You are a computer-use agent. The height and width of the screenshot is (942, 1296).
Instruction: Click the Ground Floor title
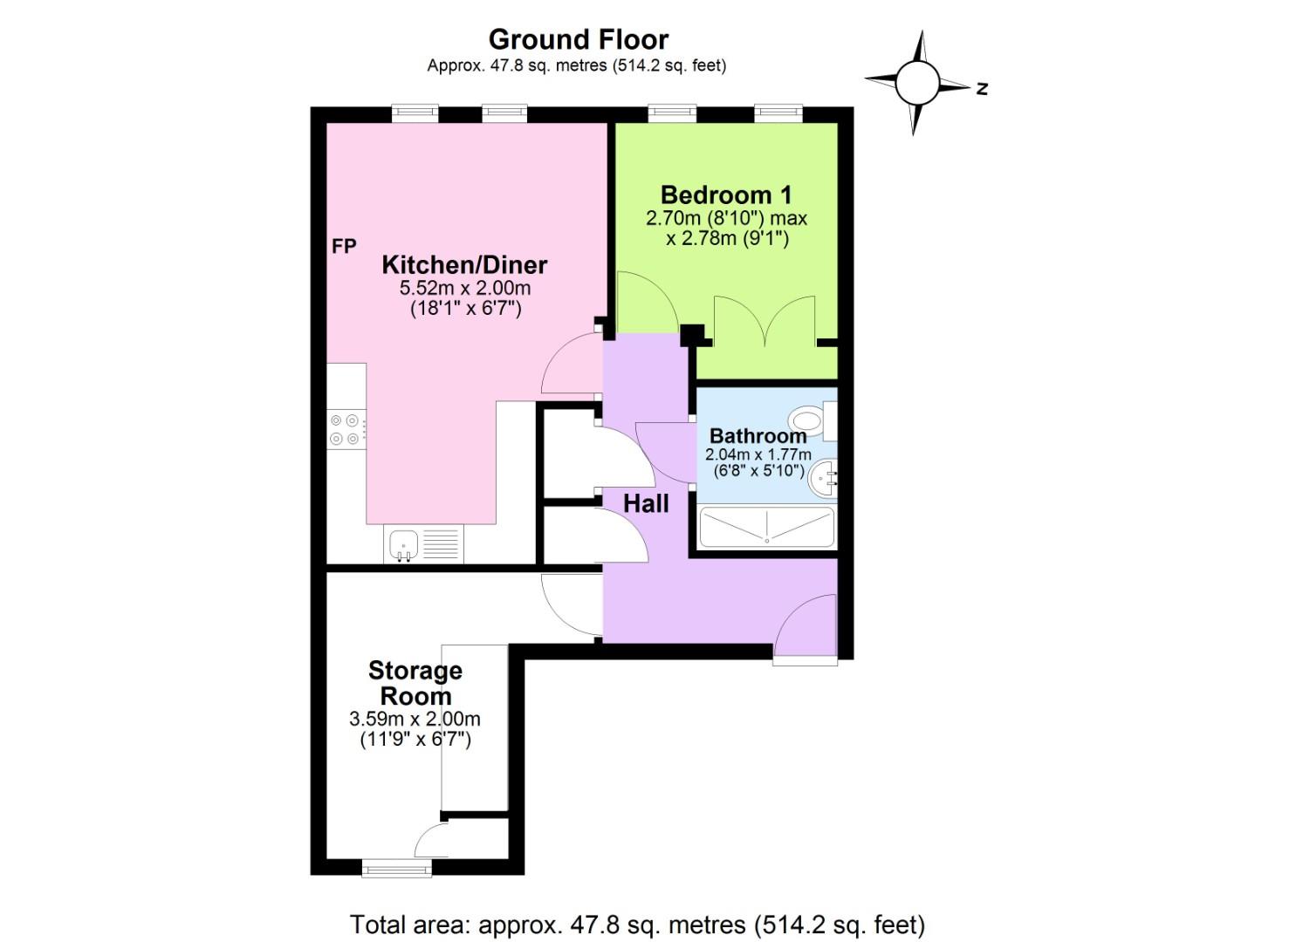578,39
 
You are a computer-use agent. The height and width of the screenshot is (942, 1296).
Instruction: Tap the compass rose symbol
916,84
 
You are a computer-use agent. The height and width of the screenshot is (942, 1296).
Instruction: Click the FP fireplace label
344,247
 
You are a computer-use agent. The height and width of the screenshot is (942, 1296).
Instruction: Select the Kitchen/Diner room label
464,265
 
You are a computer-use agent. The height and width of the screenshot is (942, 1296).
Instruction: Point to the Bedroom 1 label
726,195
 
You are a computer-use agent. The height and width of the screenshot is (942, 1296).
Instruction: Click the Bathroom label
758,435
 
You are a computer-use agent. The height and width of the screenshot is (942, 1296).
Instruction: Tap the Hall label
646,503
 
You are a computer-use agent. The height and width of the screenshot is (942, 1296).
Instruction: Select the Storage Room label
415,683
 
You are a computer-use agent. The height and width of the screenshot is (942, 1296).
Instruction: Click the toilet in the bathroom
812,421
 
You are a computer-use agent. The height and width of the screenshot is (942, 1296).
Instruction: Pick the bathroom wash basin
823,479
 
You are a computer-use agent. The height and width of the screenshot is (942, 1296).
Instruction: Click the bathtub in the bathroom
766,528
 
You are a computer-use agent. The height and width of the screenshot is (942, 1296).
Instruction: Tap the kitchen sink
404,545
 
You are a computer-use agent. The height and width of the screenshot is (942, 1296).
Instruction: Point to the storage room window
396,867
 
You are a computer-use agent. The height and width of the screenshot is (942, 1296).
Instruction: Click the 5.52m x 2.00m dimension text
464,288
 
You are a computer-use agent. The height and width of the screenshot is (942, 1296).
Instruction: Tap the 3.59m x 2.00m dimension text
415,719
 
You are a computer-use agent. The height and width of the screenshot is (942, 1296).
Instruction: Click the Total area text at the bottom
637,924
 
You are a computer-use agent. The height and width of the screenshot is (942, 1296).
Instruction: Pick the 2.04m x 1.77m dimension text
758,454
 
